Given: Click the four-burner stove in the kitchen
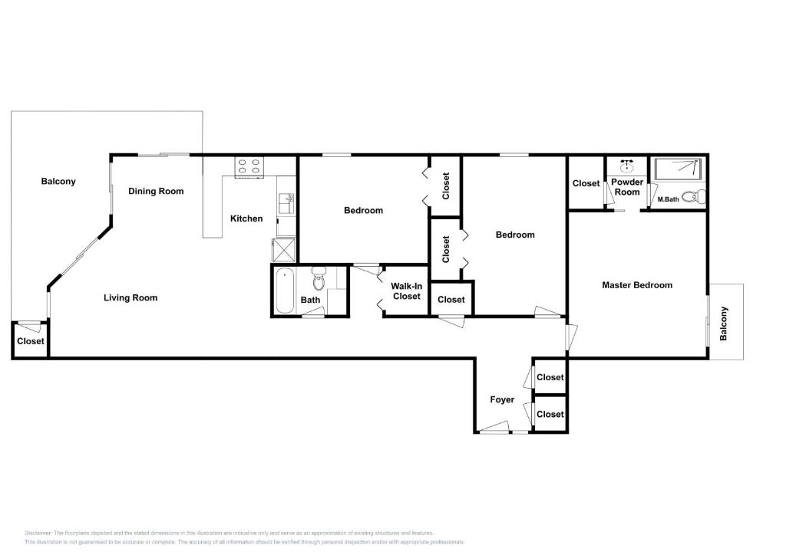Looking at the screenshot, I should (x=249, y=166).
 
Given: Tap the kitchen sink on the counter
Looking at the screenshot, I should (x=286, y=204).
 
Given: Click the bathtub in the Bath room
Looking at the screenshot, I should (x=285, y=291).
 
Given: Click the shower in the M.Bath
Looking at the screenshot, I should (x=677, y=169).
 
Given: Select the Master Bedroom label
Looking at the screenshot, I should (x=636, y=285).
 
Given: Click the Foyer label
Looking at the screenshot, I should (x=502, y=399).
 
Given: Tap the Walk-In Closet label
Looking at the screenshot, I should (x=406, y=291).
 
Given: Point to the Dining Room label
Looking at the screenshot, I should (x=156, y=191).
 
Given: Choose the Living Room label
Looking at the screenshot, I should (x=130, y=297).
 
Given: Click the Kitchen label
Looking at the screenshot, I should (x=246, y=218).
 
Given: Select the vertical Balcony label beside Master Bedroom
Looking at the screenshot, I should (x=724, y=323).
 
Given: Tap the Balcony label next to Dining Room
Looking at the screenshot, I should (x=58, y=182).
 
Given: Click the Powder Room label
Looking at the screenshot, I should (x=627, y=187).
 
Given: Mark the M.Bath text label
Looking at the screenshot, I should (x=668, y=200).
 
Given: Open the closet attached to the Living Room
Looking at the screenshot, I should (x=31, y=341).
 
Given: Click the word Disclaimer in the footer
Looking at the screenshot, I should (x=38, y=533).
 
